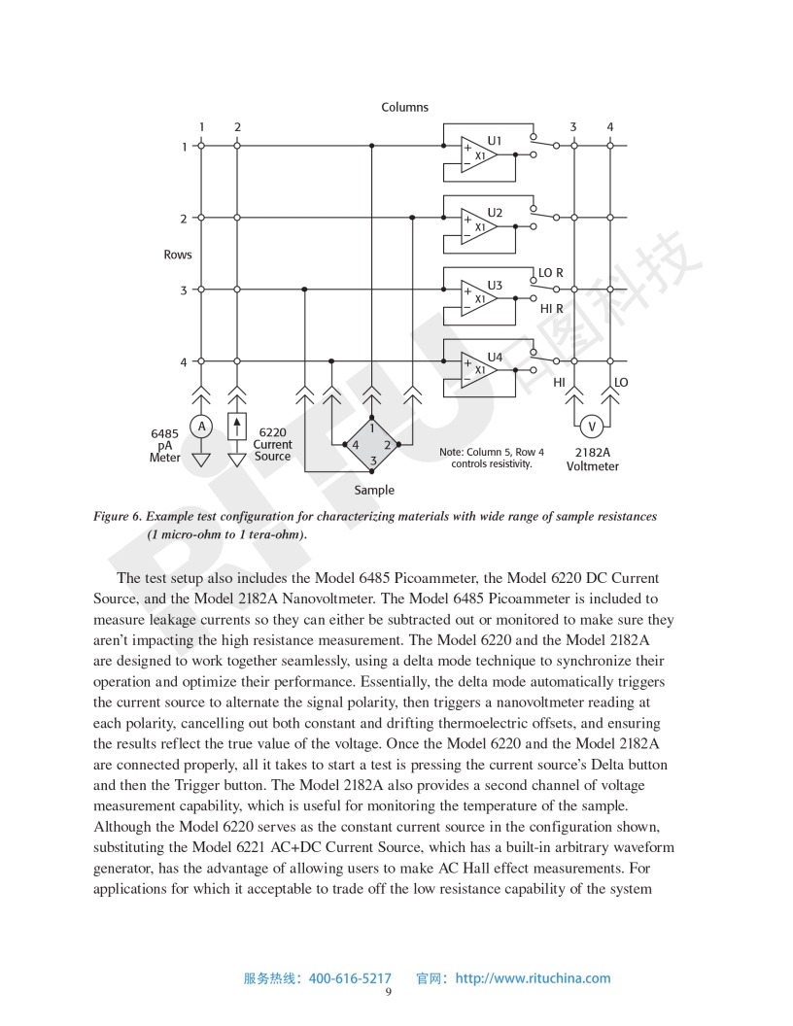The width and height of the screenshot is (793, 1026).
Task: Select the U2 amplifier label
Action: tap(495, 213)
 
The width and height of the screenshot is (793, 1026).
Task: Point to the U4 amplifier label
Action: tap(495, 357)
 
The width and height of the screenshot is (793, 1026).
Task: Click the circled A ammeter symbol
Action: tap(201, 426)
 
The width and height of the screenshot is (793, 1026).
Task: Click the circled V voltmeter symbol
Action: tap(592, 426)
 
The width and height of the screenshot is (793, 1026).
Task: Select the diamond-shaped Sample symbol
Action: tap(372, 444)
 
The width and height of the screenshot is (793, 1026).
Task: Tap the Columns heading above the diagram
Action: tap(405, 107)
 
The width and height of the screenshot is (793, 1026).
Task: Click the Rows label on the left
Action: tap(178, 255)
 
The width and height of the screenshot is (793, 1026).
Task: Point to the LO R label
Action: tap(551, 273)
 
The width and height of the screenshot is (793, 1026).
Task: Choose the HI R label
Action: tap(551, 308)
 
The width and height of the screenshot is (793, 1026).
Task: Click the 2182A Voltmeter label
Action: tap(592, 459)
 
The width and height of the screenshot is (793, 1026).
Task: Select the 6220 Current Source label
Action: tap(272, 444)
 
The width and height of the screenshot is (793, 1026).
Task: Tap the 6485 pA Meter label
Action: tap(164, 446)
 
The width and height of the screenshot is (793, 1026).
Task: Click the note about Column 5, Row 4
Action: tap(492, 458)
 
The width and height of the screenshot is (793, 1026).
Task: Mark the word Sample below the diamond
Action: tap(374, 491)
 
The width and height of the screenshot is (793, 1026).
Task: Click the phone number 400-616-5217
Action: tap(350, 978)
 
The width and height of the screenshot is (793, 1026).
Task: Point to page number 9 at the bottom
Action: tap(389, 992)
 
